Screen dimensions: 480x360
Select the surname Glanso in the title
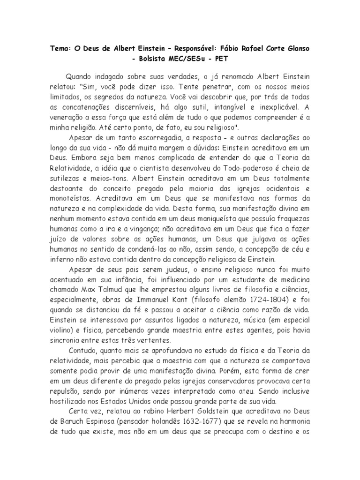tap(296, 49)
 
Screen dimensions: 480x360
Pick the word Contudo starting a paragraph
tap(83, 351)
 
